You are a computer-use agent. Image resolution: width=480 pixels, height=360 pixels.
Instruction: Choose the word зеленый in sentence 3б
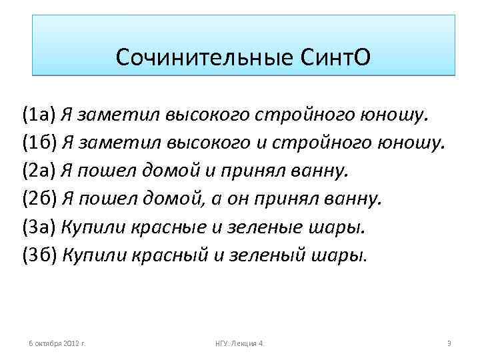coord(255,255)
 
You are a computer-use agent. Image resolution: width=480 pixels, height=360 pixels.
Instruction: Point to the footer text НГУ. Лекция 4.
coord(240,343)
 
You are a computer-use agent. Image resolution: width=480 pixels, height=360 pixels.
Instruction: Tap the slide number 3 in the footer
coord(449,343)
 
